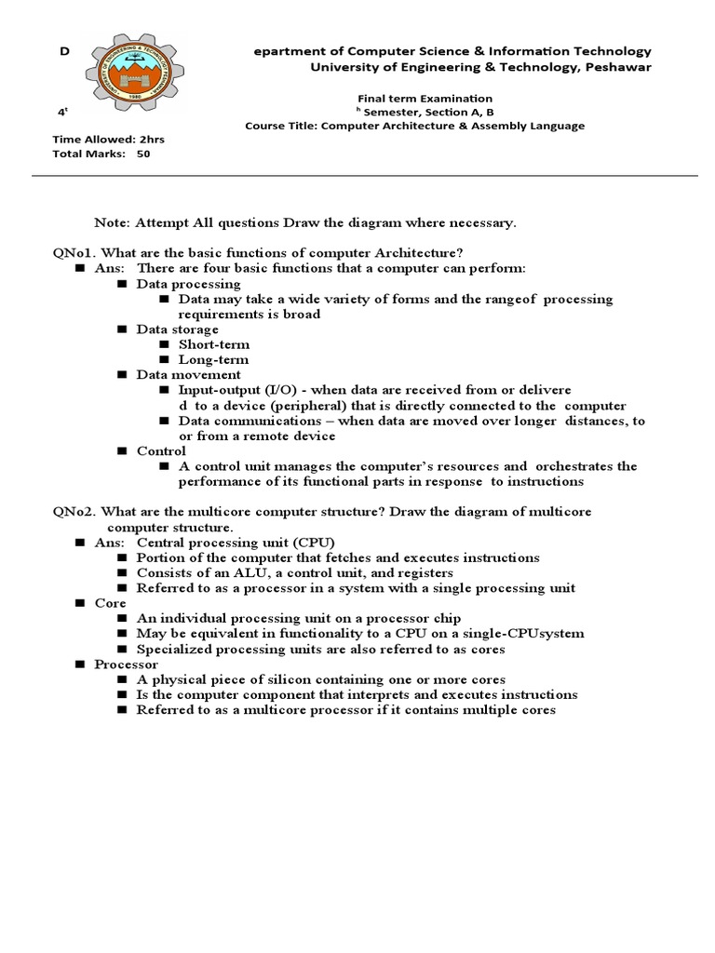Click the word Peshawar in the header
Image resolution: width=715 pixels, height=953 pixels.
(x=618, y=68)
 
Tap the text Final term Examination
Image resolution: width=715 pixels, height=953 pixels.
(x=425, y=98)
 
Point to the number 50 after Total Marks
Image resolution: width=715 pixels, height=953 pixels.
(x=142, y=154)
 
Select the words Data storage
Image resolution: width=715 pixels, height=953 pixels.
(x=177, y=329)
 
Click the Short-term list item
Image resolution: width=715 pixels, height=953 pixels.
(x=214, y=344)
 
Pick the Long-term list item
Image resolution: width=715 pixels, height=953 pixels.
(x=213, y=359)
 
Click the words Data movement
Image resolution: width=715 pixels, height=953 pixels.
(x=188, y=374)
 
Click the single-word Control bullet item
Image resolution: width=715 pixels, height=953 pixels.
(x=161, y=450)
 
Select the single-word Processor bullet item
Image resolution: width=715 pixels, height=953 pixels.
(x=126, y=664)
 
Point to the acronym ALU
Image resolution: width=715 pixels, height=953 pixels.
(x=236, y=572)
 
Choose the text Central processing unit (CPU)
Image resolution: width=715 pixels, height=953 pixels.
(x=236, y=542)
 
